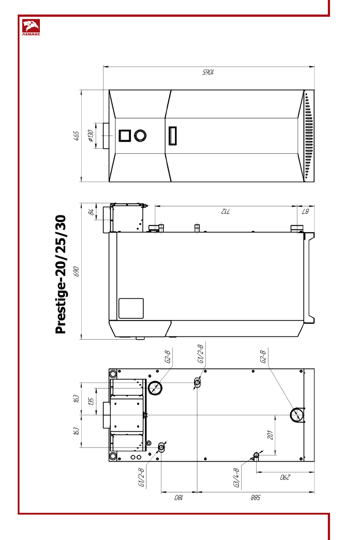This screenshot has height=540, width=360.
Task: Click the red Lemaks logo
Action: tap(31, 28)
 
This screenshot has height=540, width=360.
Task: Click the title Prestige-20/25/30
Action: tap(60, 274)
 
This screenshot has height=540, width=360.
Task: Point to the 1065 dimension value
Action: tap(208, 72)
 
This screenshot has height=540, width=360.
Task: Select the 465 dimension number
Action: tap(77, 136)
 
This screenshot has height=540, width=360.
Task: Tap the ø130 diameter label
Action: tap(91, 136)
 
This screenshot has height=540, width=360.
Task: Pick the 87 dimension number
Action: tap(306, 211)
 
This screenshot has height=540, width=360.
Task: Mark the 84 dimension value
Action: tap(91, 212)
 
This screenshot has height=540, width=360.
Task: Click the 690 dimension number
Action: tap(77, 272)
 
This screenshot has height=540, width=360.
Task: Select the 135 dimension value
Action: tap(91, 401)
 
